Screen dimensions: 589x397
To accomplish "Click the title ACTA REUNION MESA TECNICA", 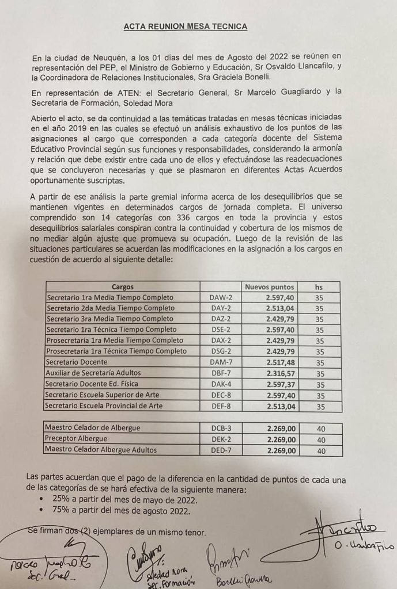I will point(186,26).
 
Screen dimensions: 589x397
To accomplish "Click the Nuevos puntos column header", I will point(270,286).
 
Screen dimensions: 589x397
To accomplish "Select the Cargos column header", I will point(122,286).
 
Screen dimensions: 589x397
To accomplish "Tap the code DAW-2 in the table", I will point(220,297).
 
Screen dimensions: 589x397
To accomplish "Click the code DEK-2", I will point(220,439).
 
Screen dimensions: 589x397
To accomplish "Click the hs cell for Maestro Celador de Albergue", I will point(322,429).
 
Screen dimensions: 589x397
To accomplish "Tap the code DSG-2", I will point(220,351).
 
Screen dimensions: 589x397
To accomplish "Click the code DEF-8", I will point(220,406).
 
